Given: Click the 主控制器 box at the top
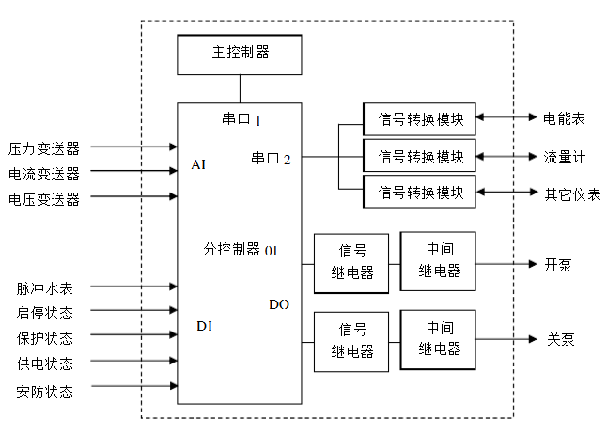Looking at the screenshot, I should click(x=240, y=54).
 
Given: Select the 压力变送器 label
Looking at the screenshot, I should click(x=44, y=147).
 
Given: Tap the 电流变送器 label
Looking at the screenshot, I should click(x=44, y=173).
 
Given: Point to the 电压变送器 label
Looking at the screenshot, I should click(x=44, y=198).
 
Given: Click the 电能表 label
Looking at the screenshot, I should click(x=564, y=118).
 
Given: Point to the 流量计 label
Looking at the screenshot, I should click(x=564, y=156).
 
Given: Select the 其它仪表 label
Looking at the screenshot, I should click(x=572, y=194).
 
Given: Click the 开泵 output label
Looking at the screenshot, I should click(x=558, y=264).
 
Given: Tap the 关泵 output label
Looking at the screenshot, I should click(x=559, y=339).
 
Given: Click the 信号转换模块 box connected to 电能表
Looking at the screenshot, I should click(x=420, y=117).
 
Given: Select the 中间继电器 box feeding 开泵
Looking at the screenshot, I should click(x=439, y=260).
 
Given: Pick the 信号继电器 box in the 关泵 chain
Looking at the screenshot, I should click(x=351, y=341).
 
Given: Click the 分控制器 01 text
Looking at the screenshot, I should click(x=240, y=250).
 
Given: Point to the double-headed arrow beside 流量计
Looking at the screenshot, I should click(x=506, y=155).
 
